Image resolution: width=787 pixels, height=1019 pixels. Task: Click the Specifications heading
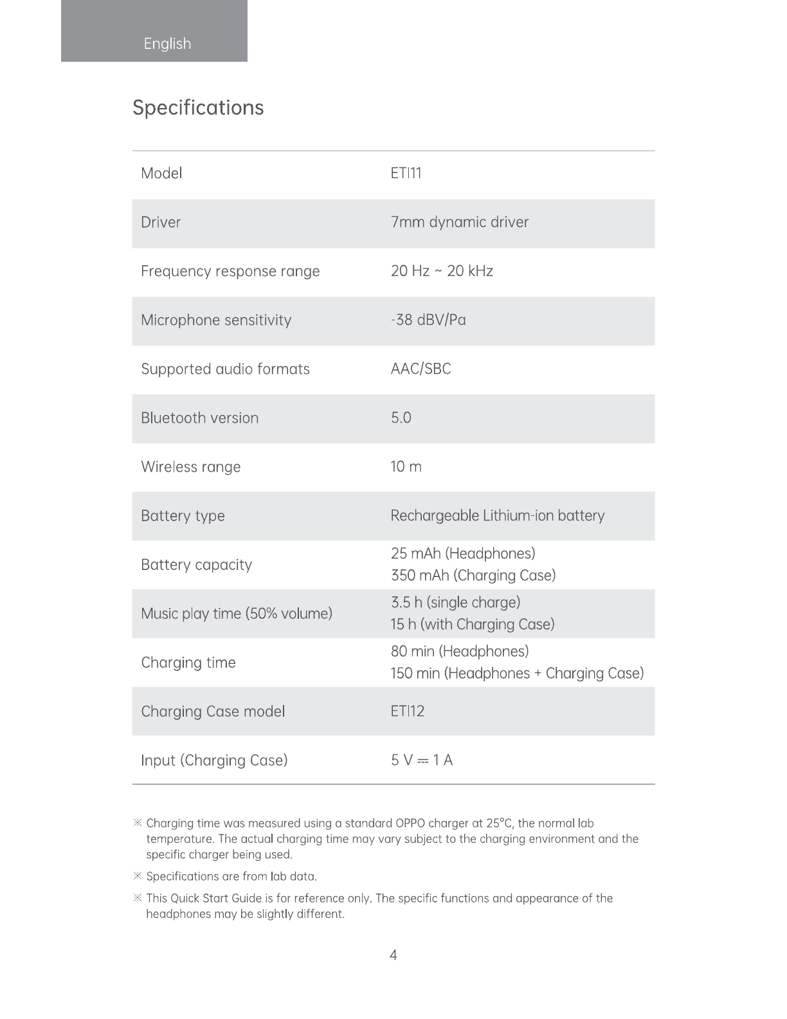[x=198, y=107]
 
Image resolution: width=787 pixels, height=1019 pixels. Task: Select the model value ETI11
[x=406, y=173]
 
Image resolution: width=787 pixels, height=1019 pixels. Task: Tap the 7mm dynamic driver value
[x=459, y=222]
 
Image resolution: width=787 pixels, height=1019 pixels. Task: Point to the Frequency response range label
[x=230, y=271]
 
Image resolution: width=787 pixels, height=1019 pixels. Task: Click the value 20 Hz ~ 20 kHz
[x=442, y=271]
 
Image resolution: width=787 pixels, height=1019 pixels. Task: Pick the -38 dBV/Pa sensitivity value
[x=428, y=320]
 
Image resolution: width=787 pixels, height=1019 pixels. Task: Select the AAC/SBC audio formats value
[x=421, y=369]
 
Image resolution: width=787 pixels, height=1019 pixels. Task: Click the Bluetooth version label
[x=199, y=418]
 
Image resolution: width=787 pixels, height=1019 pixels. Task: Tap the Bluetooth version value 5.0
[x=401, y=418]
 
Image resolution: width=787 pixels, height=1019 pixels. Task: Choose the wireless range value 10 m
[x=406, y=466]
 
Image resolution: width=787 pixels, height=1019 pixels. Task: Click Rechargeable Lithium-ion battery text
[x=497, y=516]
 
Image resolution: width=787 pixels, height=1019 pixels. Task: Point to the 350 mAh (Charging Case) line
[x=473, y=575]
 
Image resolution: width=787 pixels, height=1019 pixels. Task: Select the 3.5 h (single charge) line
[x=455, y=603]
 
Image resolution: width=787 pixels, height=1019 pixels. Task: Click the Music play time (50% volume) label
[x=237, y=614]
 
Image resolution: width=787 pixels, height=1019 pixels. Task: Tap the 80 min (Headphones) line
[x=459, y=652]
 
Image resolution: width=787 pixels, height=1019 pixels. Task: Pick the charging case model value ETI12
[x=407, y=711]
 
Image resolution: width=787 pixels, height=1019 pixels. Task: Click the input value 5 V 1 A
[x=421, y=760]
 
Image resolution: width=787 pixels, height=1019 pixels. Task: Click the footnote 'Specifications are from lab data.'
[x=231, y=876]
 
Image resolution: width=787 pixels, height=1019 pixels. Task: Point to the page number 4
[x=394, y=955]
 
